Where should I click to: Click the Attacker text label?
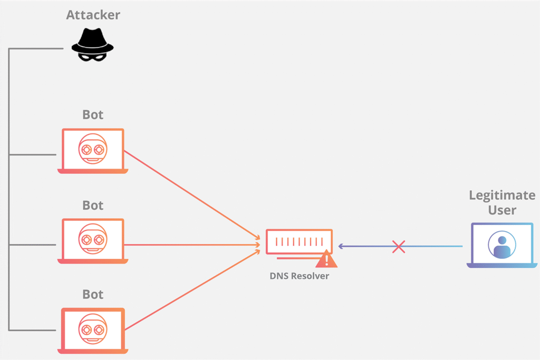tap(93, 15)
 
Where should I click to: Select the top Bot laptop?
tap(93, 151)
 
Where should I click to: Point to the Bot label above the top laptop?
tap(93, 115)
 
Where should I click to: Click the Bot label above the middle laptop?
tap(93, 205)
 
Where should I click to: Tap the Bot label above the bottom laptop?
tap(93, 294)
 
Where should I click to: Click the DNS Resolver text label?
tap(299, 276)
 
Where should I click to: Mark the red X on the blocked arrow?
tap(399, 246)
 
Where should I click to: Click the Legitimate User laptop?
tap(502, 245)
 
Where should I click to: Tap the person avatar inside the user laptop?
tap(502, 245)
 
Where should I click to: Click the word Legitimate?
tap(502, 196)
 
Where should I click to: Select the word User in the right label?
tap(502, 210)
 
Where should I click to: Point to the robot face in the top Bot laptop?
tap(93, 147)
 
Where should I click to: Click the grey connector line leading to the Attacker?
tap(37, 48)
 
